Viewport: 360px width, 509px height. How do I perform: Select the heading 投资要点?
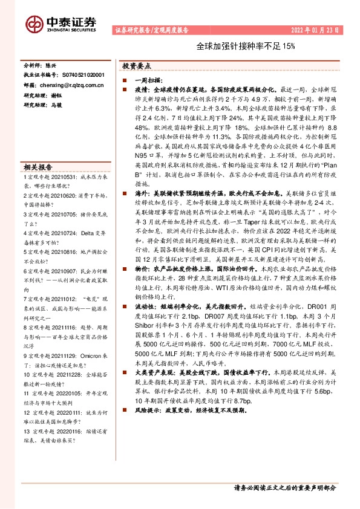click(x=136, y=65)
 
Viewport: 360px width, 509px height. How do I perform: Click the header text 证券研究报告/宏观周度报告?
click(x=151, y=29)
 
